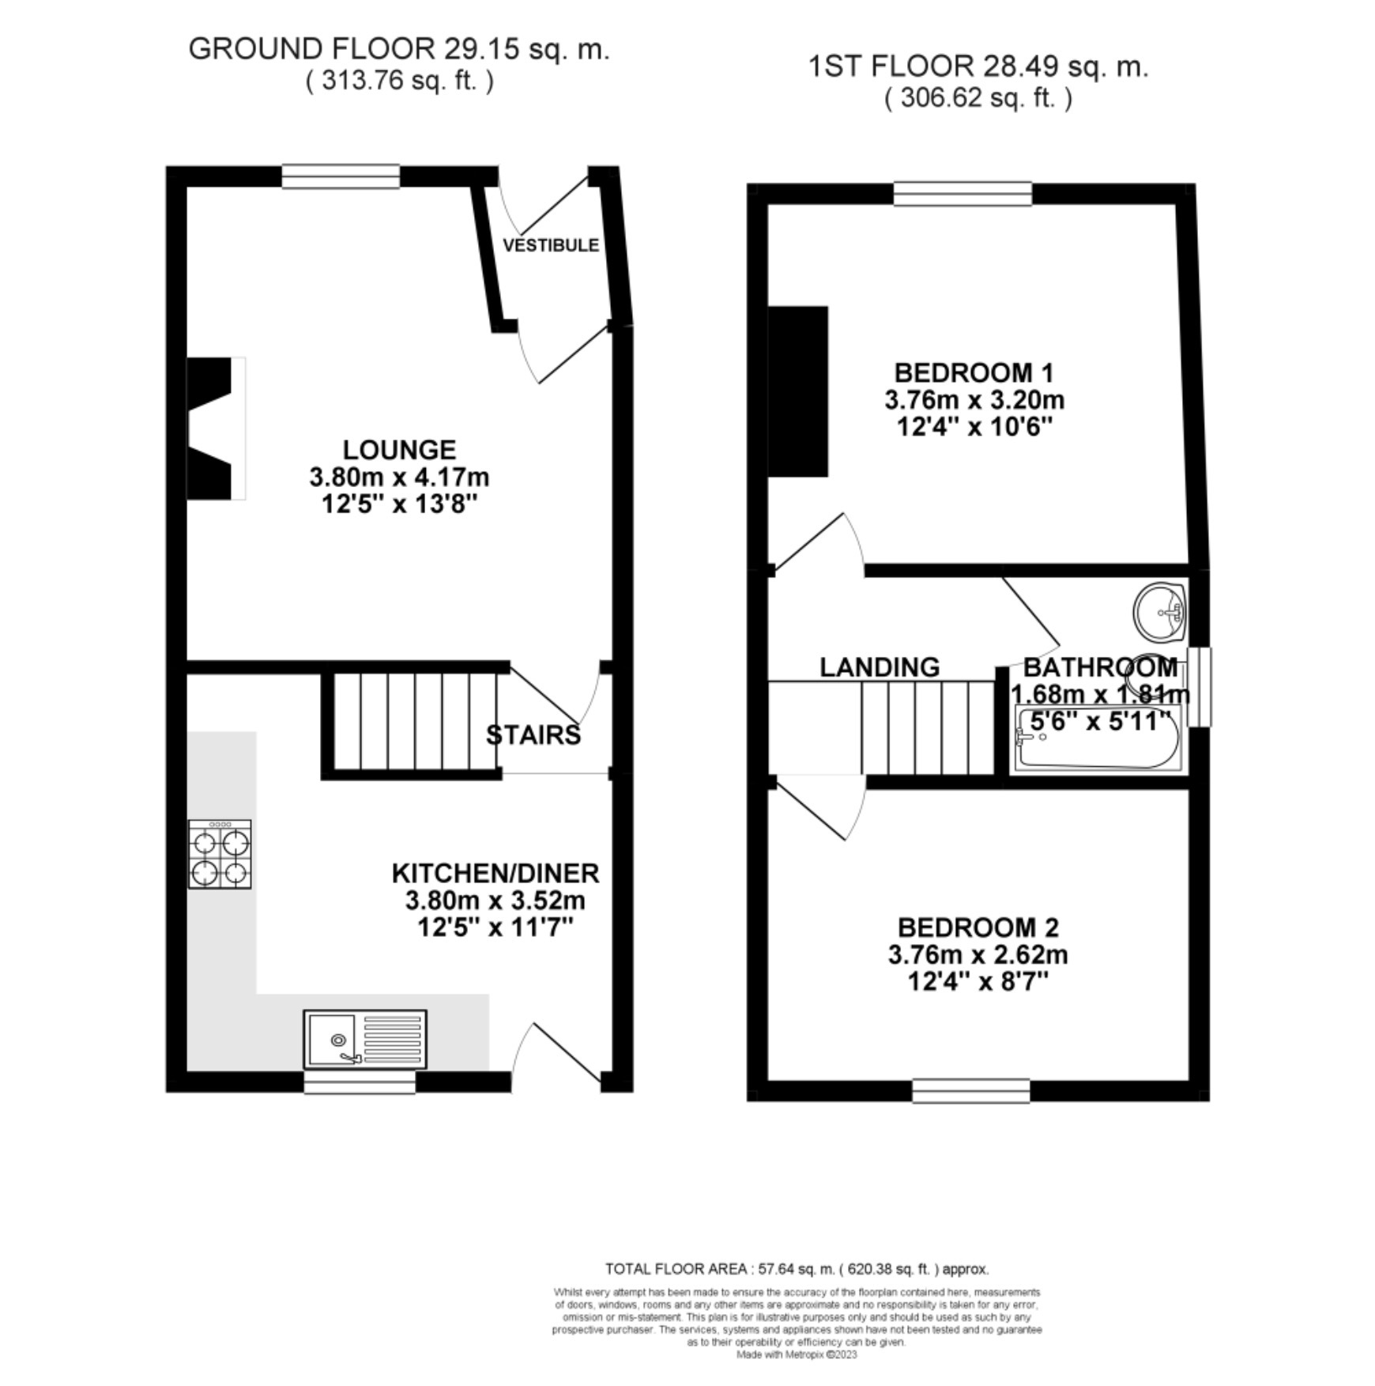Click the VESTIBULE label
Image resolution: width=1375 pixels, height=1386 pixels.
(x=551, y=245)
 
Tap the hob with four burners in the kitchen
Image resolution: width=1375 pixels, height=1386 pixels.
(x=220, y=854)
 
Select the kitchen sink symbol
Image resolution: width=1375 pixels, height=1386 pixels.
(x=364, y=1039)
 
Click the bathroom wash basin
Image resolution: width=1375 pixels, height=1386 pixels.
(x=1160, y=612)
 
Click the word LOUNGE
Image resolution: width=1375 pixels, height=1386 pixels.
(x=399, y=450)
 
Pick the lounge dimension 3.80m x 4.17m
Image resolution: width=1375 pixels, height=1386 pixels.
(x=399, y=478)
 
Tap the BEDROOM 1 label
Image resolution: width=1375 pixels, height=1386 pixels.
(x=974, y=372)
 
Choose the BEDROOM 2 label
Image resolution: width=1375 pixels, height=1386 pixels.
(x=978, y=927)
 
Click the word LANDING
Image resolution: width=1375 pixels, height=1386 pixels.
(x=880, y=667)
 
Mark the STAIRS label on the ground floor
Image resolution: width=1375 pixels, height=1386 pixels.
(x=533, y=735)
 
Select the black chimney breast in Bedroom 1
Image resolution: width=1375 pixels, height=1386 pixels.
(x=799, y=391)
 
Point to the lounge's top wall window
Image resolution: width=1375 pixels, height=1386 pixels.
(x=341, y=176)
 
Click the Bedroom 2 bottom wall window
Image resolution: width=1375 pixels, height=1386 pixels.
(x=971, y=1091)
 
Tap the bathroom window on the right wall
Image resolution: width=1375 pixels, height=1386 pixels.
(x=1200, y=686)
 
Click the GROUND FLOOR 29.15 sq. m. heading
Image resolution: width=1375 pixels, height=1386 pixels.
(x=399, y=49)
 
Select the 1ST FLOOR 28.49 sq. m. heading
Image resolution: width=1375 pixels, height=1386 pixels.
(x=978, y=67)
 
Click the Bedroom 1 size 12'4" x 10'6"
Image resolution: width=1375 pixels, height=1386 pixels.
(x=974, y=427)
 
